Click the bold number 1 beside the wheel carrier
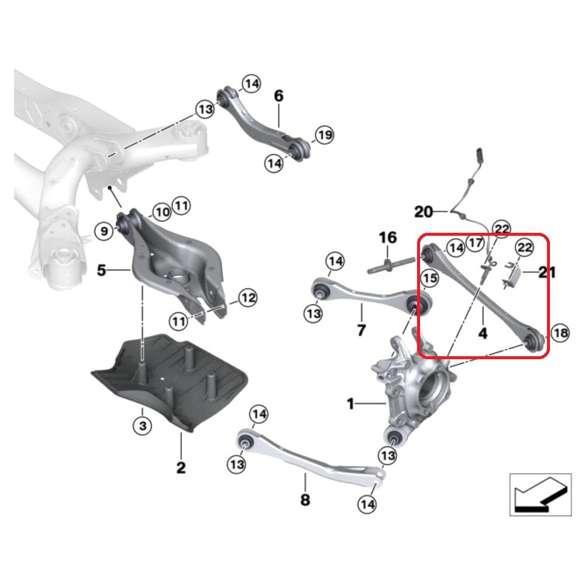350,404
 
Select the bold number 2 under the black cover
181,467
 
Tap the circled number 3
142,426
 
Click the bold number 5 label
102,271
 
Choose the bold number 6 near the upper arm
278,95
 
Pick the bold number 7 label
361,330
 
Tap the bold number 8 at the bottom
305,500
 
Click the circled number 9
104,232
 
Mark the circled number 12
247,298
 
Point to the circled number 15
430,279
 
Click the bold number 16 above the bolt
388,238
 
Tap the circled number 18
560,333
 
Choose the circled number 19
324,136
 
